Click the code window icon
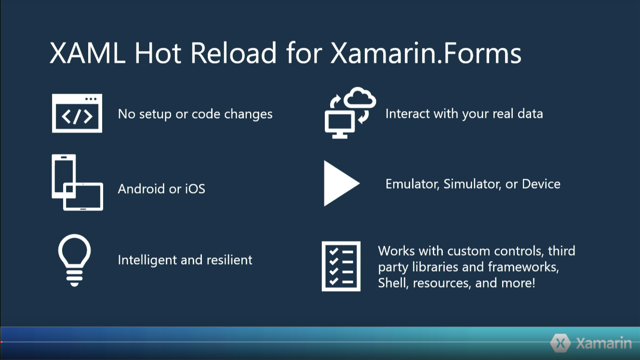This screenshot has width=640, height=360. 77,113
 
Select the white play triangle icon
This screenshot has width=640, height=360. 340,184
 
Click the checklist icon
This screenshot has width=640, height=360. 341,266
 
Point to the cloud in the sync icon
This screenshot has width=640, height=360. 359,98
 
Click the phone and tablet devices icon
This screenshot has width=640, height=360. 77,183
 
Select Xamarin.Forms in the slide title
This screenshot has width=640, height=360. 426,53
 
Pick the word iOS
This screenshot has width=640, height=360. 195,188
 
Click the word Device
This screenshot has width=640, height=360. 541,184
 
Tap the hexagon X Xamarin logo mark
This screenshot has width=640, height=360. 560,343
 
